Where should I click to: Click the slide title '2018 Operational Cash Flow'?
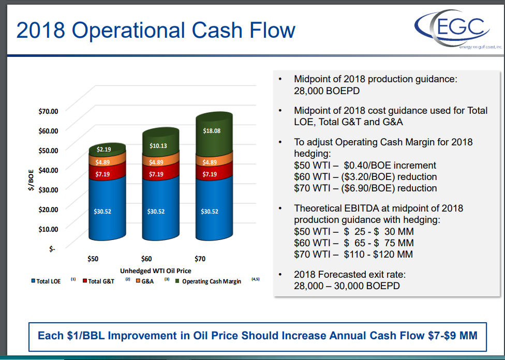point(155,31)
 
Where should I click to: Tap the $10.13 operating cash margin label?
point(158,146)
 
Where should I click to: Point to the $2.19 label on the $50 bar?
point(104,149)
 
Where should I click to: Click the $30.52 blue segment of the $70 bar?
point(210,212)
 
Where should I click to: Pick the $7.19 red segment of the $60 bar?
point(156,175)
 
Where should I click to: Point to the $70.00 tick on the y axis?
point(48,111)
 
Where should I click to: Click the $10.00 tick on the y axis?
point(48,229)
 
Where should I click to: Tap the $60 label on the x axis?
point(146,259)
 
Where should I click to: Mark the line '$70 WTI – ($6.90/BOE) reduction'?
point(365,188)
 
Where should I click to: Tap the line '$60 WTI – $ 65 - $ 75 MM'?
point(353,243)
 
